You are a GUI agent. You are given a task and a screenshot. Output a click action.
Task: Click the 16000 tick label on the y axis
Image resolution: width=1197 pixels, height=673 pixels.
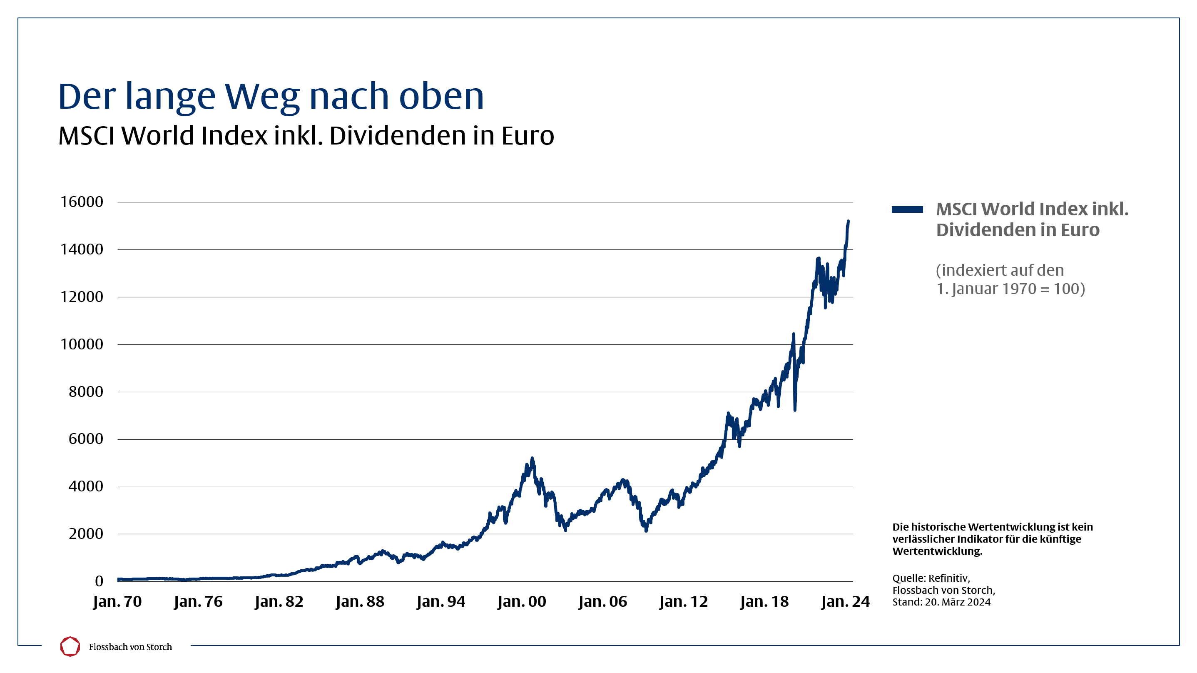tap(81, 202)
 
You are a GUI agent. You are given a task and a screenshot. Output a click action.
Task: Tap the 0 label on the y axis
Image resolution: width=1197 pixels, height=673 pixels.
tap(99, 581)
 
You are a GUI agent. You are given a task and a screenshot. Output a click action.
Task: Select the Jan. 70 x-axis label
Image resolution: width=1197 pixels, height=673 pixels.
tap(117, 601)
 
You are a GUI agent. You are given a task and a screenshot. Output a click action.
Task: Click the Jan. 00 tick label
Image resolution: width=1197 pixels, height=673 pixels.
tap(521, 601)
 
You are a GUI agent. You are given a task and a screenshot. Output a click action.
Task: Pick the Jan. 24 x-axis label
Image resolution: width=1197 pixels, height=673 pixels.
tap(845, 601)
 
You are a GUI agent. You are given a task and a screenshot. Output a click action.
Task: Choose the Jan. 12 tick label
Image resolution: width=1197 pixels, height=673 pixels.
tap(683, 601)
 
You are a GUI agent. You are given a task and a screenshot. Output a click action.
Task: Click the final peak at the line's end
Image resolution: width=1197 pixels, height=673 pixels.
tap(848, 222)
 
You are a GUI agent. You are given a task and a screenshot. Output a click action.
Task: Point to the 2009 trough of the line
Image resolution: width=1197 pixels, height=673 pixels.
tap(646, 530)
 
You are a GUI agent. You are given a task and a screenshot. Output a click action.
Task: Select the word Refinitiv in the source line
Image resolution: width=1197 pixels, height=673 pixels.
tap(948, 578)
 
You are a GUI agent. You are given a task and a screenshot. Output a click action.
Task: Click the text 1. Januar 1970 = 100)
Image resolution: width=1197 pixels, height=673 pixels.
tap(1010, 289)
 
